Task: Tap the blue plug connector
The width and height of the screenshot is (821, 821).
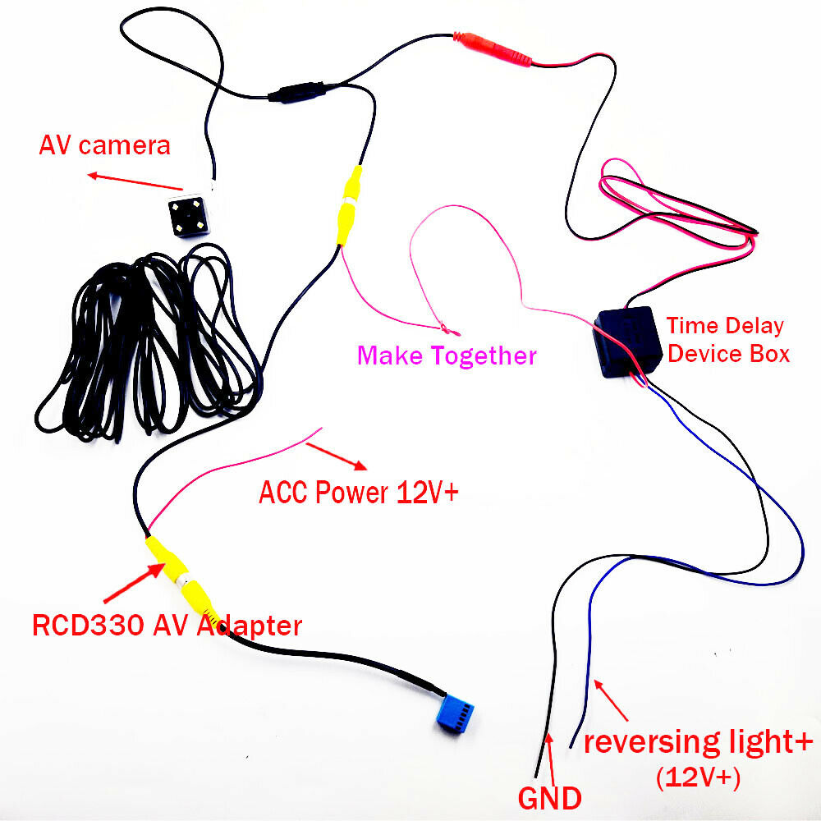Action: coord(455,713)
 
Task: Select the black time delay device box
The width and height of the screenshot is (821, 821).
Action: coord(626,341)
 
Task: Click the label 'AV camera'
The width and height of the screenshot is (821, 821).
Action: coord(105,145)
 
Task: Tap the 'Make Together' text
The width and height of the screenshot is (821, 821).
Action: coord(447,355)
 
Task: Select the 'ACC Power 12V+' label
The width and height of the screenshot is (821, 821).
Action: coord(359,492)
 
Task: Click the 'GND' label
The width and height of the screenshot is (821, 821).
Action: coord(550,798)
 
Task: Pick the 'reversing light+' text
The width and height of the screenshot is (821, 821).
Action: coord(698,742)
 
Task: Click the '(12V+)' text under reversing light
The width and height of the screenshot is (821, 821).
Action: coord(698,777)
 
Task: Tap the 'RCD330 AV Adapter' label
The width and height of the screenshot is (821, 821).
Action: coord(167,625)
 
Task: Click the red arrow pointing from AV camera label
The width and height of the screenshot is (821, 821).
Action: coord(135,181)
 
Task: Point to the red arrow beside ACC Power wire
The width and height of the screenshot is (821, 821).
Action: coord(336,456)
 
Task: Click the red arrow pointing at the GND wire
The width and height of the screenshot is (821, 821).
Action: coord(550,759)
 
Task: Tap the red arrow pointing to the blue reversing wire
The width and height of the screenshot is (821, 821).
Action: coord(611,700)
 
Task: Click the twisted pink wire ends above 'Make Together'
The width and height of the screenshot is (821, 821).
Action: coord(449,329)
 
